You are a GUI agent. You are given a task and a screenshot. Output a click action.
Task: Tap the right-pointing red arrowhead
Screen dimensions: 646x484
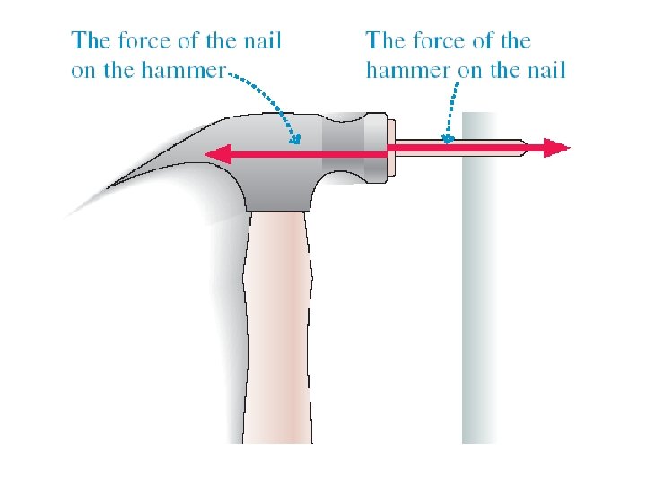pos(558,148)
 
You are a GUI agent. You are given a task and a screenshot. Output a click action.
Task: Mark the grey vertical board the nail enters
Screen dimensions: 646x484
pos(479,296)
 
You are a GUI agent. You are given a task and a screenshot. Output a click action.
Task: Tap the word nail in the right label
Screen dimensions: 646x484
pos(543,70)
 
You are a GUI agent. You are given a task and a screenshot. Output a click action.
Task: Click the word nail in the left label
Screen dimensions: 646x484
pos(259,40)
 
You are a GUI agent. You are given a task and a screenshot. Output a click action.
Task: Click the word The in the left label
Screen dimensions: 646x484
pos(92,40)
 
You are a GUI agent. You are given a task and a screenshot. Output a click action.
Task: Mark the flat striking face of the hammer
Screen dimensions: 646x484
pos(392,149)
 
